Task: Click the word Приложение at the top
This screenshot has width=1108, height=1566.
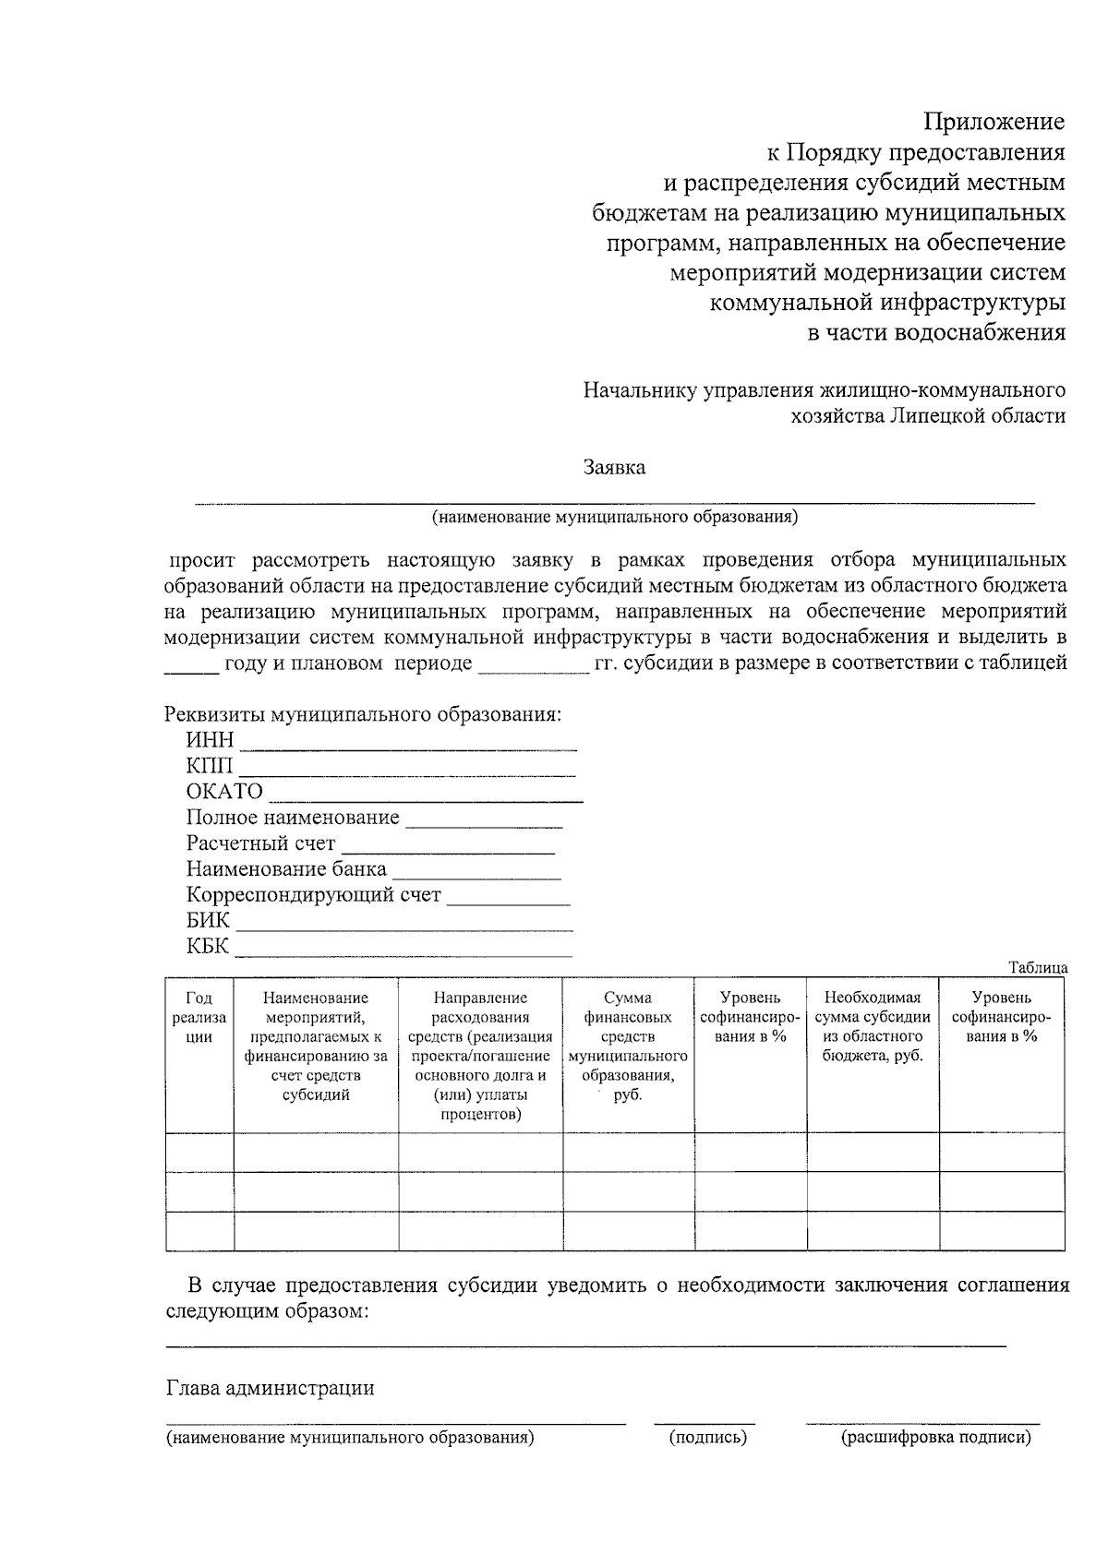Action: (994, 122)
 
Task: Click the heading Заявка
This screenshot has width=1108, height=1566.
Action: (614, 467)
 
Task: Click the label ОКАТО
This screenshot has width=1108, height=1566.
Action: (224, 792)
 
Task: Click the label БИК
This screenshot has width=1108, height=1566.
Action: (208, 921)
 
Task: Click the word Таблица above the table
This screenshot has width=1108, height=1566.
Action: (1038, 967)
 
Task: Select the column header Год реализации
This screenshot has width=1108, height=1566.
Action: (199, 1017)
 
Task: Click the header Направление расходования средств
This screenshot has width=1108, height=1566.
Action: (480, 1056)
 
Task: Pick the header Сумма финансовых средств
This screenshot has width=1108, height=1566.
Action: (628, 1046)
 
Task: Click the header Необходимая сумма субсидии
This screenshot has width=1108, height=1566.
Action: (873, 1026)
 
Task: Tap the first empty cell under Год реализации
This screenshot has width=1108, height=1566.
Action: (199, 1153)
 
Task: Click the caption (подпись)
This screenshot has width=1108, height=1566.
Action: (707, 1437)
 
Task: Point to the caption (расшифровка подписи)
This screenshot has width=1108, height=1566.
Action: (935, 1437)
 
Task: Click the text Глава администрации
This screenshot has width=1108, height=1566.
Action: (270, 1388)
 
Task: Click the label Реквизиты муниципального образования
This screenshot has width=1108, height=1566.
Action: (362, 715)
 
